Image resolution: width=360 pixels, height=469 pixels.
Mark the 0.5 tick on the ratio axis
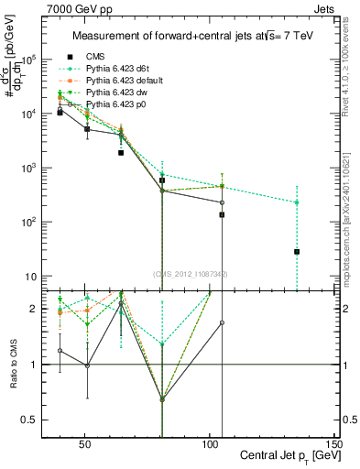pos(37,420)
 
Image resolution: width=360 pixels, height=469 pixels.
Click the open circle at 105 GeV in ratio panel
pos(222,323)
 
